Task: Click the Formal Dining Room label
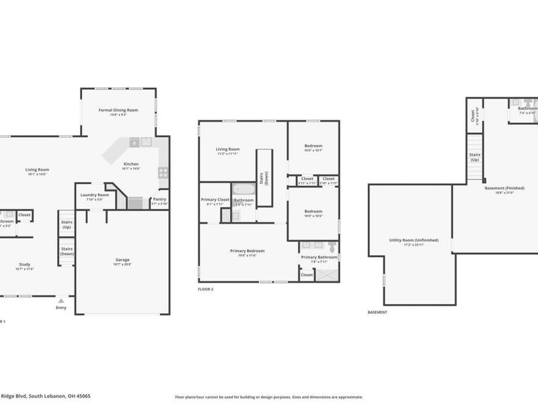point(118,109)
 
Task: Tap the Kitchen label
point(130,163)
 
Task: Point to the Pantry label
point(159,199)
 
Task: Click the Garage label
point(122,259)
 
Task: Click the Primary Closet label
point(216,200)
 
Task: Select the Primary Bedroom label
point(247,251)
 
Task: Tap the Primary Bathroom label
point(319,257)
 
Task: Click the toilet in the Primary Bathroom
point(331,246)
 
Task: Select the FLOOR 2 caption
point(206,289)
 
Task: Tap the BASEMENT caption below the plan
point(377,313)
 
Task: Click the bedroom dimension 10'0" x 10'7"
point(313,150)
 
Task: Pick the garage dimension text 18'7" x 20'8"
point(122,265)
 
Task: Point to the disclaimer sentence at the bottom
point(269,396)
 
